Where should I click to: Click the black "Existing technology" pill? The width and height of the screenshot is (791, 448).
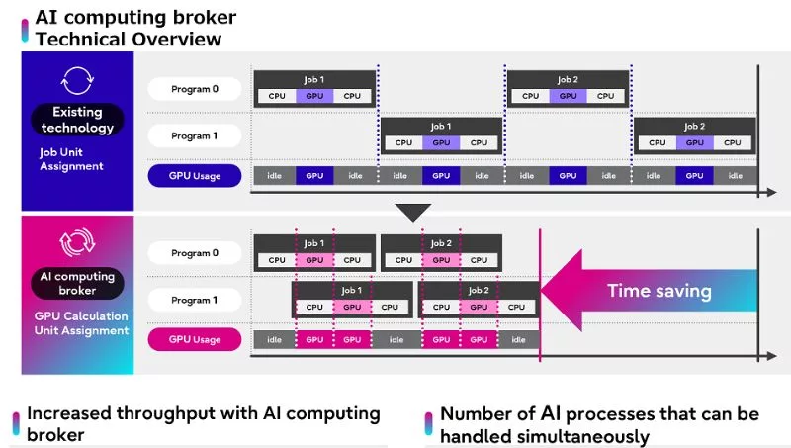coord(77,120)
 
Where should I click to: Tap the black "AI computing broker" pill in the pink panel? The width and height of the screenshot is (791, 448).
coord(77,283)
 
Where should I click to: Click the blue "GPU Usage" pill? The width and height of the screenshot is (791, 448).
coord(195,176)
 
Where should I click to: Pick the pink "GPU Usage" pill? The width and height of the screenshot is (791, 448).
coord(195,339)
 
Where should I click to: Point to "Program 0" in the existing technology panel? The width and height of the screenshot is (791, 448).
coord(195,89)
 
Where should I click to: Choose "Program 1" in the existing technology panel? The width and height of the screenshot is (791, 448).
coord(195,135)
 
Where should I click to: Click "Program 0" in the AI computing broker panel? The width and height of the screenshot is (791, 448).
coord(195,253)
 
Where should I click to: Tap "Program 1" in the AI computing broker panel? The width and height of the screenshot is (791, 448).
coord(195,300)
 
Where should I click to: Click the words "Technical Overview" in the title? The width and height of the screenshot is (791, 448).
coord(129,39)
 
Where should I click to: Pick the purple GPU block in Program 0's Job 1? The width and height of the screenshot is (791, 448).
coord(314,96)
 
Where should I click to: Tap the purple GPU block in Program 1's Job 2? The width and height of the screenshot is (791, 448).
coord(694,142)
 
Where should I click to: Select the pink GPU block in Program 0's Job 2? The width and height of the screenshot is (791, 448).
coord(441,260)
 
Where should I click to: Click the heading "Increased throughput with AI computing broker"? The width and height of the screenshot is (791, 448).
coord(203,423)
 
